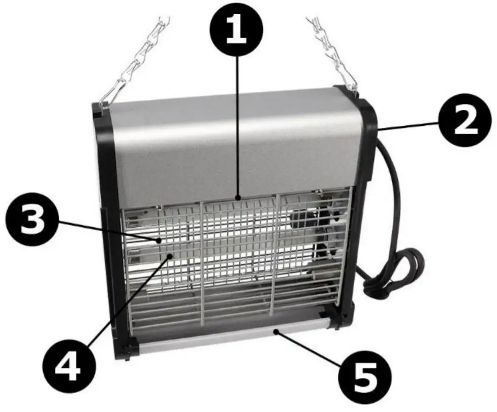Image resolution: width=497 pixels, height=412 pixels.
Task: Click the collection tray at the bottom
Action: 234,337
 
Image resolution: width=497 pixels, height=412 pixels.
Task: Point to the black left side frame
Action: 111,229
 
